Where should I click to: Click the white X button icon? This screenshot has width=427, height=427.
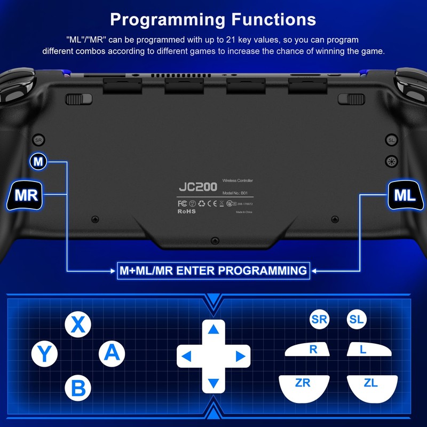tap(78, 324)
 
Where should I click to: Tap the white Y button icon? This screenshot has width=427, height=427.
tap(45, 353)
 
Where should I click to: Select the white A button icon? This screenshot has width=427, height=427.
tap(112, 352)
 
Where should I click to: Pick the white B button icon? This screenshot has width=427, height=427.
tap(78, 388)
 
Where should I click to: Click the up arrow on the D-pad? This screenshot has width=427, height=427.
tap(213, 329)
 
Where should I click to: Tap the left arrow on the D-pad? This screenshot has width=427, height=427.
tap(186, 355)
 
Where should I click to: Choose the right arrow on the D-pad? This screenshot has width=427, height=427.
tap(241, 355)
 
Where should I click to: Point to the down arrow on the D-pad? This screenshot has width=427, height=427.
tap(213, 383)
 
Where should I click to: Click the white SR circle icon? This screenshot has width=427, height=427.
tap(319, 320)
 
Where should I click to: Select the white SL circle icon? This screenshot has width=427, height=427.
tap(356, 320)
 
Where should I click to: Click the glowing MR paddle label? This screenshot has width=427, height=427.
tap(26, 195)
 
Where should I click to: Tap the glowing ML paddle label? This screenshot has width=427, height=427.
tap(405, 195)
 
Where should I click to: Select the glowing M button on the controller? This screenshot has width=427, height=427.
tap(38, 161)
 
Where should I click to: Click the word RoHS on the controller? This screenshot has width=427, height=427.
tap(187, 211)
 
